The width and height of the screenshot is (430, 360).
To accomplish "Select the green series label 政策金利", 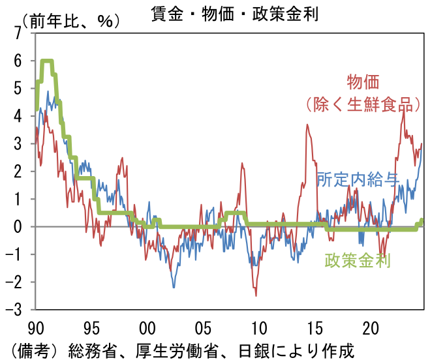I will (x=357, y=261).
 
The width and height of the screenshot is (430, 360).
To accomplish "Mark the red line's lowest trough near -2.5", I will (x=256, y=295).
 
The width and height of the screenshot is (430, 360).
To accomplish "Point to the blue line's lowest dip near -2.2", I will (x=174, y=287).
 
